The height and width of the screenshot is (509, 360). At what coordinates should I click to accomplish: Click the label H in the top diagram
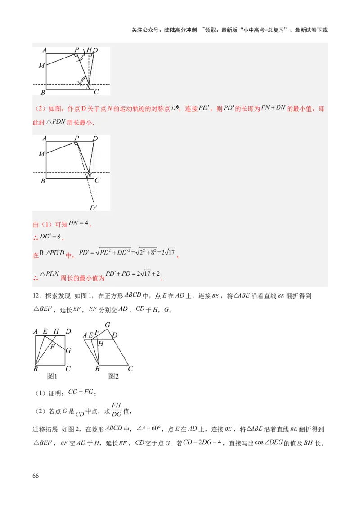click(89, 50)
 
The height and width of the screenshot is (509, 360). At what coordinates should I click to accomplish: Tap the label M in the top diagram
click(41, 66)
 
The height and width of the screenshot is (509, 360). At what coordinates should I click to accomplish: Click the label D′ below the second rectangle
click(93, 208)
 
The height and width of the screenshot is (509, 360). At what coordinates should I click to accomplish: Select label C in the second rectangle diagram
click(97, 180)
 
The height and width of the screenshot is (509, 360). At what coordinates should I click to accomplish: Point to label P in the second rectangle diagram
click(76, 138)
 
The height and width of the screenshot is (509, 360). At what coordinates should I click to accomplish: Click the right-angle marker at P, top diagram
click(77, 56)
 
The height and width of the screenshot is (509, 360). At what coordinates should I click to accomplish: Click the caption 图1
click(52, 376)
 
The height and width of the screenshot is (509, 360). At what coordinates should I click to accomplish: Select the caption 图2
click(113, 376)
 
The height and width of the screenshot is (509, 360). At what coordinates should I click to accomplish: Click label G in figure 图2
click(108, 325)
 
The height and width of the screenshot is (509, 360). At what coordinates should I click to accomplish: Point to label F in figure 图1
click(52, 347)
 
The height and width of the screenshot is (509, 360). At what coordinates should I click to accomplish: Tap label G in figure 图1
click(68, 350)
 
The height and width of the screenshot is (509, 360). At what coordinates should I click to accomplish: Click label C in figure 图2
click(130, 369)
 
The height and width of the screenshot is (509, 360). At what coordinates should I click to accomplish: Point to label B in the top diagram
click(42, 93)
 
